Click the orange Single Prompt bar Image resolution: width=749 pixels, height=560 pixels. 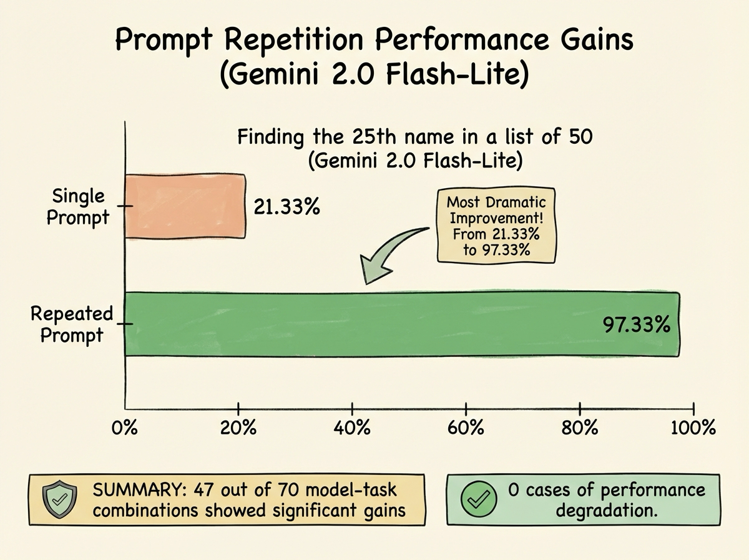(185, 206)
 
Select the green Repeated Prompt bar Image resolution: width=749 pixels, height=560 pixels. (402, 324)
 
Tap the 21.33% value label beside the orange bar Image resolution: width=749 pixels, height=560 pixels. (288, 206)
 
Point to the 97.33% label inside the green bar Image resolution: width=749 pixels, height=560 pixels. (636, 325)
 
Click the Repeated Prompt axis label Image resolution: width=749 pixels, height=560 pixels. (72, 324)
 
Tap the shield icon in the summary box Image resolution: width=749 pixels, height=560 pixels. (59, 500)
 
